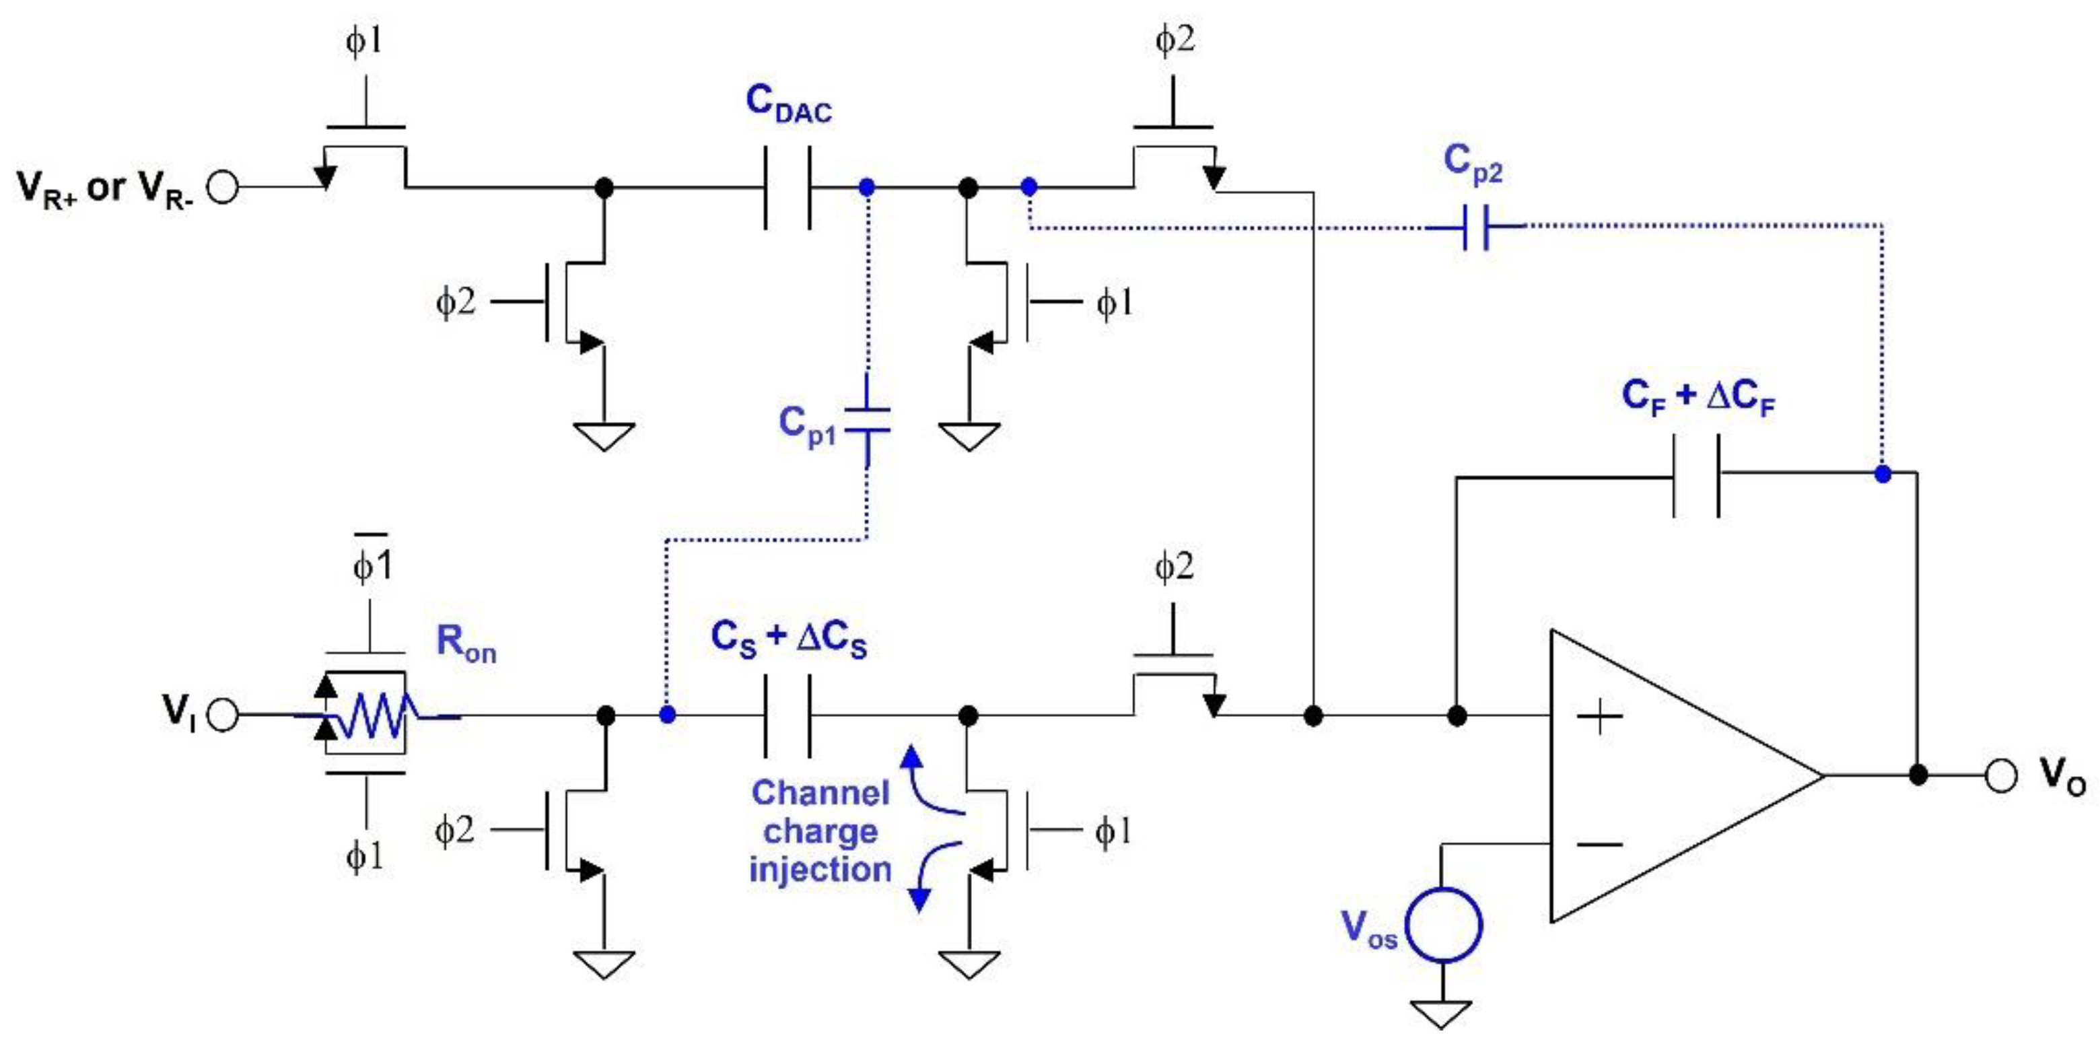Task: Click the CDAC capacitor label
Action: click(788, 104)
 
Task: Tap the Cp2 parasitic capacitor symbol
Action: click(1476, 227)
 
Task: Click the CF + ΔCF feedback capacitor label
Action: click(1698, 398)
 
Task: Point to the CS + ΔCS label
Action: click(788, 638)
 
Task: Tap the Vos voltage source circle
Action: click(1444, 926)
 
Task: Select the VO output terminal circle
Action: click(2000, 775)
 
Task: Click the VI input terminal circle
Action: click(223, 715)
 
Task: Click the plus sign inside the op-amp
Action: click(1599, 717)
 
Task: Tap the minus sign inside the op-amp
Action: click(1599, 844)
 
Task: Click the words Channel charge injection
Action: click(820, 831)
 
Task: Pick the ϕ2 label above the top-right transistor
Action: click(1175, 39)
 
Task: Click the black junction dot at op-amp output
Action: click(1918, 775)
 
